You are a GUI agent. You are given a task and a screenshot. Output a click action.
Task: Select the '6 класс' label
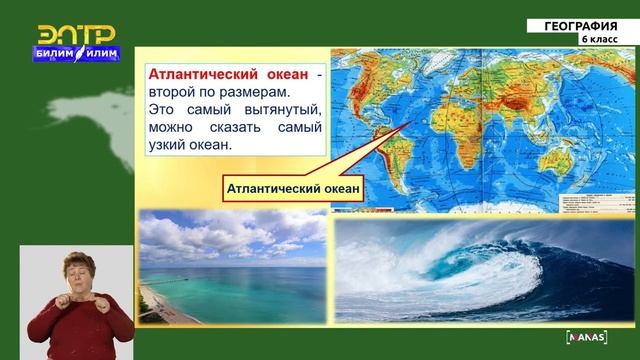tap(598, 39)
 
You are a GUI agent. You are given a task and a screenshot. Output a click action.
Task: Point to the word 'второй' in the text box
tap(171, 92)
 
